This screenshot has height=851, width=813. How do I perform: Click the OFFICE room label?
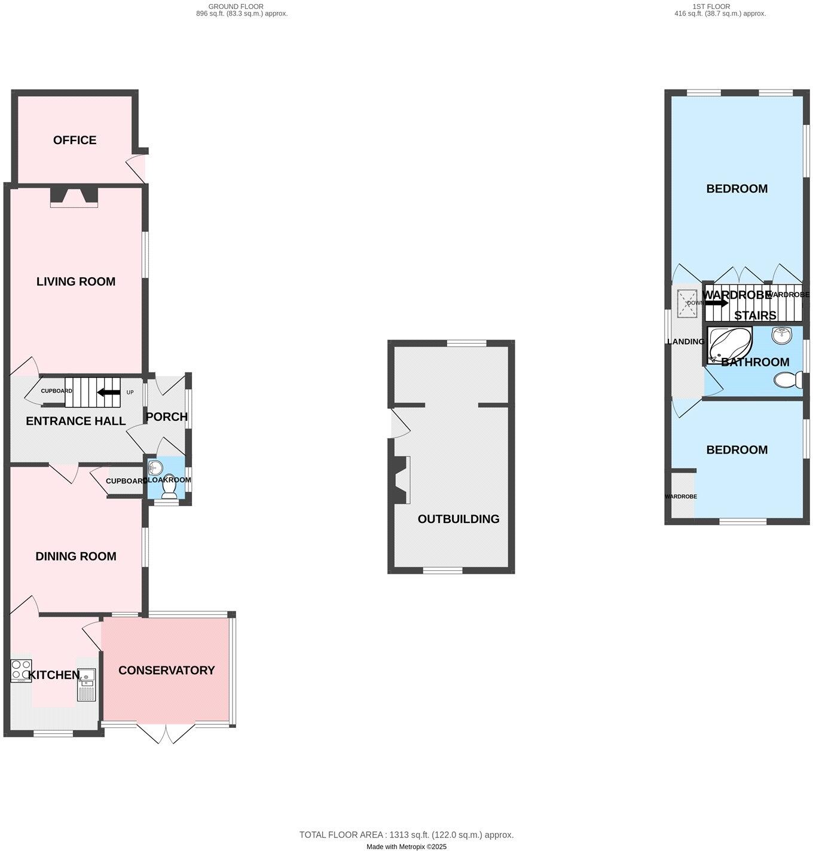(75, 140)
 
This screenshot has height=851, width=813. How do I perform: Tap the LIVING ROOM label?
(76, 281)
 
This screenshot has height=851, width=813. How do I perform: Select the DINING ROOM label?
(76, 556)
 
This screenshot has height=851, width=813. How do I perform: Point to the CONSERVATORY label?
(166, 671)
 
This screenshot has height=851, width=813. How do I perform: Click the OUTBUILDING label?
(459, 519)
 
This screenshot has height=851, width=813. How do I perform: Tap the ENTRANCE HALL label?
(76, 421)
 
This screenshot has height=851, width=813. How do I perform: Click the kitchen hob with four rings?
(21, 670)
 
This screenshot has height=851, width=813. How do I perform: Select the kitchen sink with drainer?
(86, 684)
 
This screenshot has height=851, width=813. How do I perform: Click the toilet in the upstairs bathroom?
(789, 379)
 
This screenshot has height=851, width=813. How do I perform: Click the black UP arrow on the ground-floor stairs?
(108, 393)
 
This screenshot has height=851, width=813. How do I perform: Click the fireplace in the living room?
(74, 197)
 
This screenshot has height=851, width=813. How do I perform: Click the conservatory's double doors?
(166, 734)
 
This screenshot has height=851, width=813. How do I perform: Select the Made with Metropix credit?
(406, 846)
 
